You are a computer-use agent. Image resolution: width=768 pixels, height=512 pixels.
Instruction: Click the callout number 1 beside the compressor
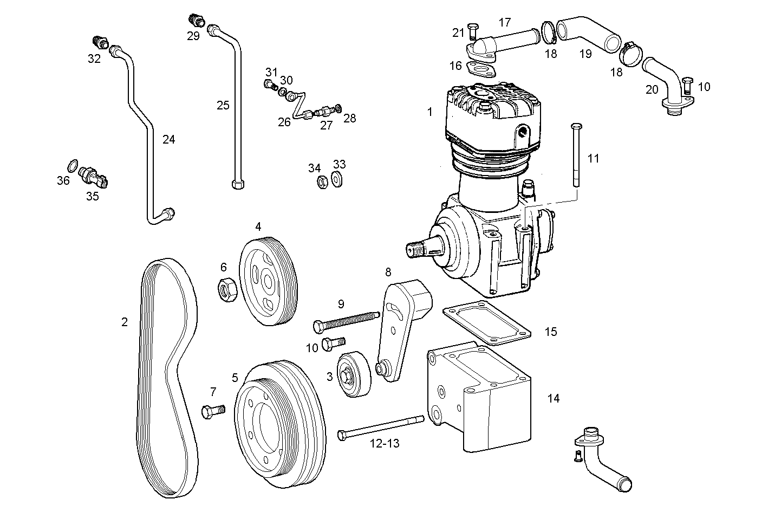(x=429, y=112)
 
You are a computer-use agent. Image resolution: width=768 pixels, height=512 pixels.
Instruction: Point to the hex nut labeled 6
(x=227, y=289)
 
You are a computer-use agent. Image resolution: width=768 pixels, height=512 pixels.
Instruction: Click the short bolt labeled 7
(x=213, y=411)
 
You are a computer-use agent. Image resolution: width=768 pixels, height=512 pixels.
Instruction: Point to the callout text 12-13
(x=385, y=443)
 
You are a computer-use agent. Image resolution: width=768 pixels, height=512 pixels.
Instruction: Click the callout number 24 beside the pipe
(x=168, y=139)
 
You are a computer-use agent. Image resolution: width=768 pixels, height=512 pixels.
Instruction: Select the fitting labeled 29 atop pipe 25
(x=194, y=21)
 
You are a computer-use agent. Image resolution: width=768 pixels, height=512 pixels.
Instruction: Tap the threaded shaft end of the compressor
(x=418, y=250)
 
